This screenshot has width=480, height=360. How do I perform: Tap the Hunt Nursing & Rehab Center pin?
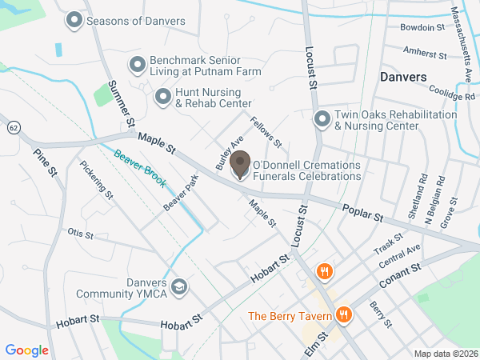[x=163, y=97]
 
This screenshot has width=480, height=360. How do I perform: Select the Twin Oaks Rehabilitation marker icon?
[x=322, y=119]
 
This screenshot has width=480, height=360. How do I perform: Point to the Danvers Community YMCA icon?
[x=180, y=286]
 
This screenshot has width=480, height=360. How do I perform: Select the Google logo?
[x=27, y=350]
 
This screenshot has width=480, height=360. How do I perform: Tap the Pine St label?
[x=46, y=162]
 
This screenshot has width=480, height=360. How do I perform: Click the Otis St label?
[x=81, y=234]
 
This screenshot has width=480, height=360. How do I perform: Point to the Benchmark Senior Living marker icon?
[x=138, y=63]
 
